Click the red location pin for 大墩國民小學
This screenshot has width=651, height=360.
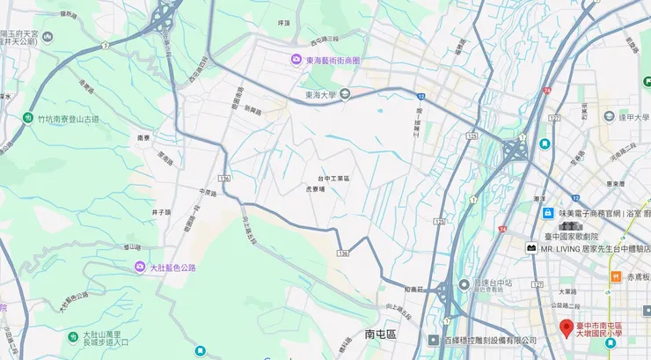567,328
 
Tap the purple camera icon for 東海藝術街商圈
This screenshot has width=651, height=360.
296,60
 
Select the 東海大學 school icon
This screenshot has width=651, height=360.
345,94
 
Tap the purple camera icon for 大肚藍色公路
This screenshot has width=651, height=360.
139,266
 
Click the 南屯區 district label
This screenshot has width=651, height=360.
381,334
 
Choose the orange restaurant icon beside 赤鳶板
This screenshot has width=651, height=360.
615,277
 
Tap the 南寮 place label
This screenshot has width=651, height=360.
145,137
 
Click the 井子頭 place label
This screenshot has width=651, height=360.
161,211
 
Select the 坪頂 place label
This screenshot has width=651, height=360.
283,22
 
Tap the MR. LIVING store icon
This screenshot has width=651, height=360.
531,248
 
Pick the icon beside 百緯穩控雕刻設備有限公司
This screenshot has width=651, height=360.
434,340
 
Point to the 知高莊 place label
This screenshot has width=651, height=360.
415,289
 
